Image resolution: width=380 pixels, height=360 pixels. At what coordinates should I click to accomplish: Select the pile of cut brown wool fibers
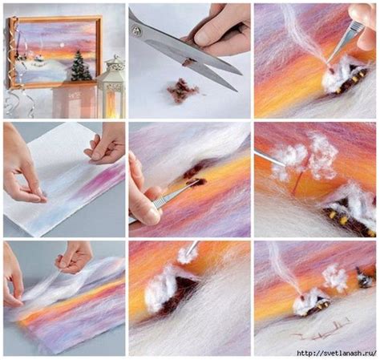(183, 90)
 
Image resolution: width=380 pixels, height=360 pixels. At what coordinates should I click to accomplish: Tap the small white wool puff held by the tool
(187, 255)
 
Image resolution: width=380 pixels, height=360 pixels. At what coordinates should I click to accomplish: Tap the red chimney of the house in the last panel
(302, 297)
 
